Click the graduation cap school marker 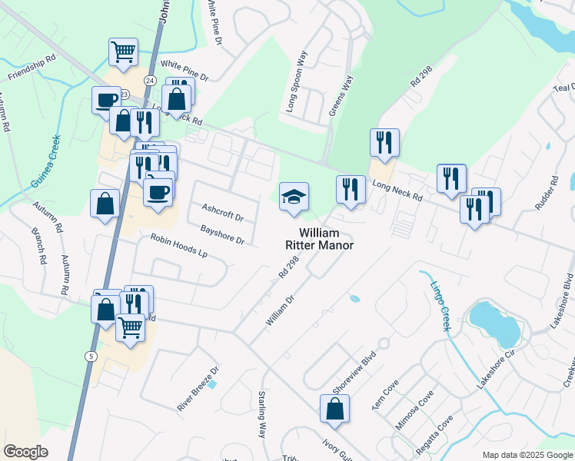click(293, 197)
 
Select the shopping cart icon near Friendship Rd click(123, 52)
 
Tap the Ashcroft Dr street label click(222, 212)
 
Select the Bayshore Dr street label click(221, 235)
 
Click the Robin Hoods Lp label click(179, 246)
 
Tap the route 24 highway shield click(149, 80)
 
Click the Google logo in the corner click(25, 452)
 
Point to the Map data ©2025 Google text click(528, 455)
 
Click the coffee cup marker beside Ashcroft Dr click(158, 192)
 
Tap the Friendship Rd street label click(32, 67)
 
